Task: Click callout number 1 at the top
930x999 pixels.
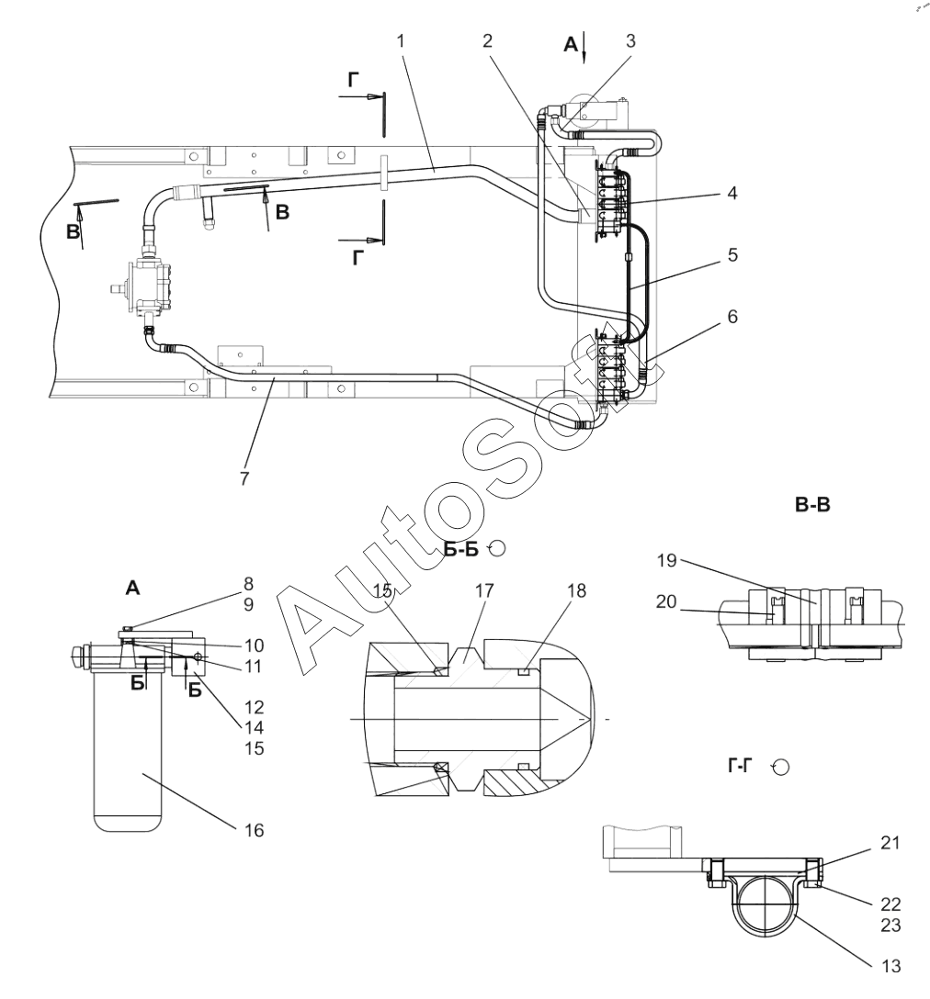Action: coord(401,41)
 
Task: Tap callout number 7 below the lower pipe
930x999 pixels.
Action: coord(245,478)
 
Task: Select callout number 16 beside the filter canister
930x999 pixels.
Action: coord(254,830)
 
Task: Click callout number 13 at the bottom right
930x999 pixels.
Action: coord(891,966)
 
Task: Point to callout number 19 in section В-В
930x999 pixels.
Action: coord(666,561)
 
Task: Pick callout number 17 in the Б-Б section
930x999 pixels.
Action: coord(484,590)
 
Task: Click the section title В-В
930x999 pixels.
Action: coord(812,505)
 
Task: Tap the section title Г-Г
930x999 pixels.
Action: coord(740,765)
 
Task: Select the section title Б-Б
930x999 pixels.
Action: coord(460,549)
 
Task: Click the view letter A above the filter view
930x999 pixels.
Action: coord(132,588)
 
